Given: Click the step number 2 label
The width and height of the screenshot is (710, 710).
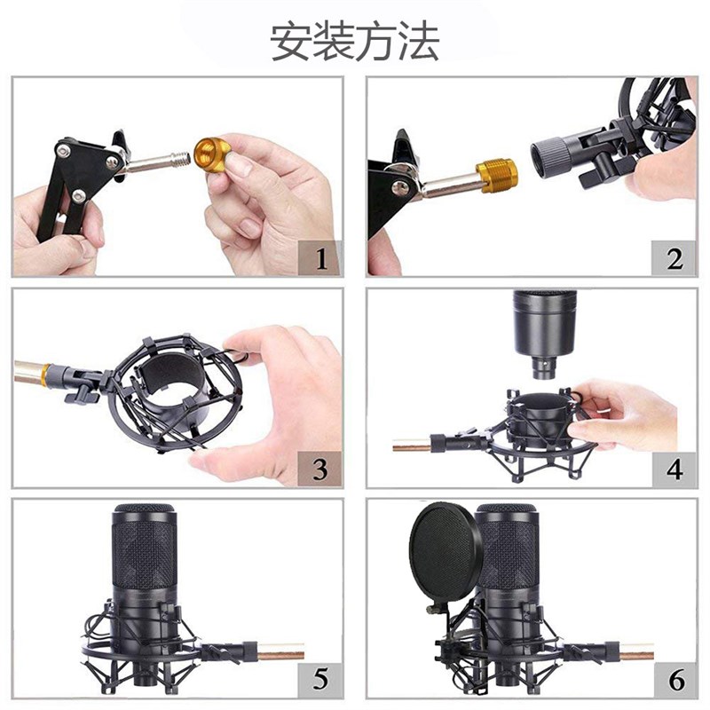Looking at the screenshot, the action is pyautogui.click(x=674, y=259).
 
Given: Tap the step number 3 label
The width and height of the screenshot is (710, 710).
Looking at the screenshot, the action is pyautogui.click(x=320, y=469).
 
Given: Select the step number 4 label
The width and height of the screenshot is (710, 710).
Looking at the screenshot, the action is pyautogui.click(x=674, y=469).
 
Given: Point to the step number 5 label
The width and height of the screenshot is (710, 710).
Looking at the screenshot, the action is pyautogui.click(x=320, y=680).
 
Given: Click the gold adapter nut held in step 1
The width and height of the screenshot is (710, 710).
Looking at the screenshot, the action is pyautogui.click(x=212, y=155).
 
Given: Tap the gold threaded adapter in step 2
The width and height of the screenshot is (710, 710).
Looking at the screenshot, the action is pyautogui.click(x=496, y=176).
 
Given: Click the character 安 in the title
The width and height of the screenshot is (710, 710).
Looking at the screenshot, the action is pyautogui.click(x=290, y=42).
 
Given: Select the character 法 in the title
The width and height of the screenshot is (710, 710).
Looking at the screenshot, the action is pyautogui.click(x=420, y=42).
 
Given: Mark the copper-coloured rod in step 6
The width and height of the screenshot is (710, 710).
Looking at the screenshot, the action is pyautogui.click(x=636, y=655).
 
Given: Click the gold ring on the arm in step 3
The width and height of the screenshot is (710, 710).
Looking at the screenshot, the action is pyautogui.click(x=44, y=375).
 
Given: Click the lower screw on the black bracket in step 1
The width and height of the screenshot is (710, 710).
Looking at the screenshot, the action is pyautogui.click(x=78, y=195).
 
